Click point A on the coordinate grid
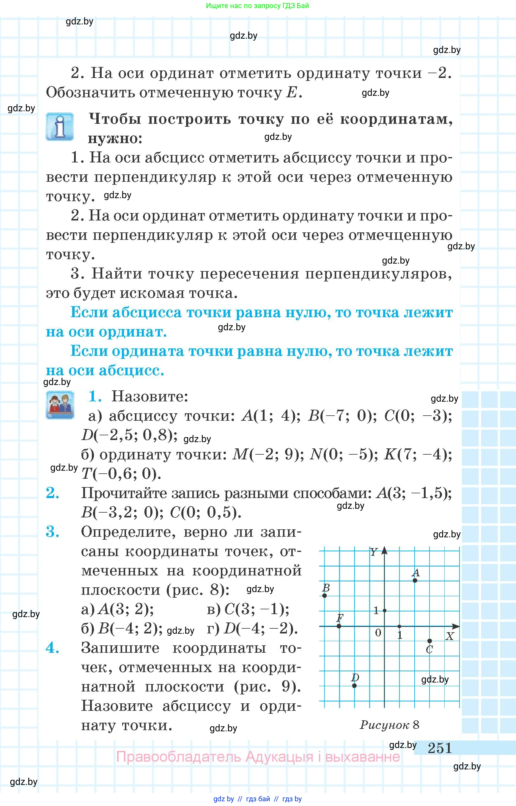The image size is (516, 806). pos(415,580)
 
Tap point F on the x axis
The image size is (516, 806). pos(339,626)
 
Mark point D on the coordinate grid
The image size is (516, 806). pos(355,686)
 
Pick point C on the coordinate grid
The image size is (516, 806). pos(430,641)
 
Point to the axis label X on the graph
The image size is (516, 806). pos(450,636)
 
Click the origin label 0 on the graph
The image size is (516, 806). pos(378,633)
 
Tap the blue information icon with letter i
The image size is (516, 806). pos(60,126)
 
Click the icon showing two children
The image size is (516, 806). pos(60,405)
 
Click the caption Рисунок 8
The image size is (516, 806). pos(389,725)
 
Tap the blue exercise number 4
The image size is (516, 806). pos(53,648)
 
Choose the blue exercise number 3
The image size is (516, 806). pos(53,532)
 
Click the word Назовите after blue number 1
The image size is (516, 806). pos(150,397)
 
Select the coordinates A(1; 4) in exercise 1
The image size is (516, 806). pos(271,416)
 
